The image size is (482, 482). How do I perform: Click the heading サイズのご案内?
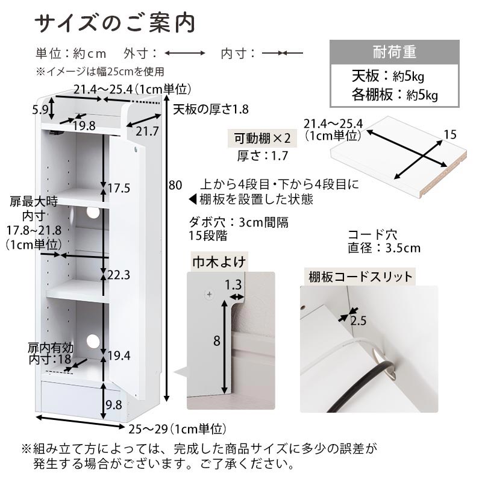[x=114, y=23]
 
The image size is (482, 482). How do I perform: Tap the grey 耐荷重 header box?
[x=395, y=52]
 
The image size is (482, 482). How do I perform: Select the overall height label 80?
[x=175, y=185]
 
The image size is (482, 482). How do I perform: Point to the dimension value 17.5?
[x=119, y=188]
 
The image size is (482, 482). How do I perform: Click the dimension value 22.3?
[x=119, y=275]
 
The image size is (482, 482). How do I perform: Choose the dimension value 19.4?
[x=119, y=355]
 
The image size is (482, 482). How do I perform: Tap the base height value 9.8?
[x=114, y=405]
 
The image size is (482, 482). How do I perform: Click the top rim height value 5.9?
[x=40, y=110]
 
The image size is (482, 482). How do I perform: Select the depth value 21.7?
[x=147, y=131]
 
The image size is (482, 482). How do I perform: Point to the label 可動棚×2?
[x=262, y=139]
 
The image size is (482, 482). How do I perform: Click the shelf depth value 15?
[x=450, y=134]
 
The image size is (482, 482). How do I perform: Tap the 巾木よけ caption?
[x=219, y=262]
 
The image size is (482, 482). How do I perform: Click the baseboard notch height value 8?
[x=217, y=340]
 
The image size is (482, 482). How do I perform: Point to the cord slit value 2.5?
[x=358, y=321]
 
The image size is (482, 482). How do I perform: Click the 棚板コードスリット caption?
[x=360, y=277]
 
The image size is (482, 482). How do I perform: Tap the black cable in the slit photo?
[x=361, y=387]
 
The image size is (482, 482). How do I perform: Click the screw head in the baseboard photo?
[x=209, y=295]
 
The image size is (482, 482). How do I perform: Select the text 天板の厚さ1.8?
[x=210, y=110]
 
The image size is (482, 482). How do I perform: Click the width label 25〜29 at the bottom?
[x=148, y=429]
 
